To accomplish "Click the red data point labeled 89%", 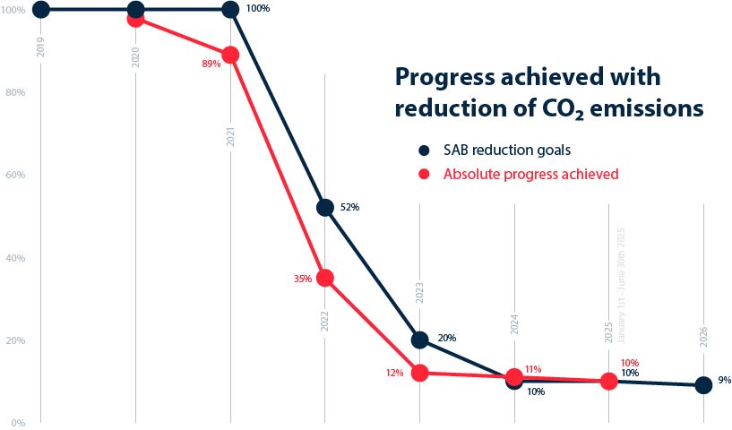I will pyautogui.click(x=230, y=55).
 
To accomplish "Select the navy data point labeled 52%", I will pyautogui.click(x=325, y=208).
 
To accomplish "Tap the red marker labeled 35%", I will pyautogui.click(x=325, y=278).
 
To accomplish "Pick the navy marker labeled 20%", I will pyautogui.click(x=419, y=340).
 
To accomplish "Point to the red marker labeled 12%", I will pyautogui.click(x=419, y=373).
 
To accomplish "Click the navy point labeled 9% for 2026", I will pyautogui.click(x=703, y=385).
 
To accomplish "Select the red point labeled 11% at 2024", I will pyautogui.click(x=514, y=377).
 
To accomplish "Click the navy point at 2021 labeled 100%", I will pyautogui.click(x=230, y=10).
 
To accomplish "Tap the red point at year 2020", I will pyautogui.click(x=135, y=18).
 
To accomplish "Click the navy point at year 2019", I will pyautogui.click(x=41, y=10).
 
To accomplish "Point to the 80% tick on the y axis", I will pyautogui.click(x=13, y=92).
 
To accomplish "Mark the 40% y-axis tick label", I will pyautogui.click(x=13, y=258).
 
